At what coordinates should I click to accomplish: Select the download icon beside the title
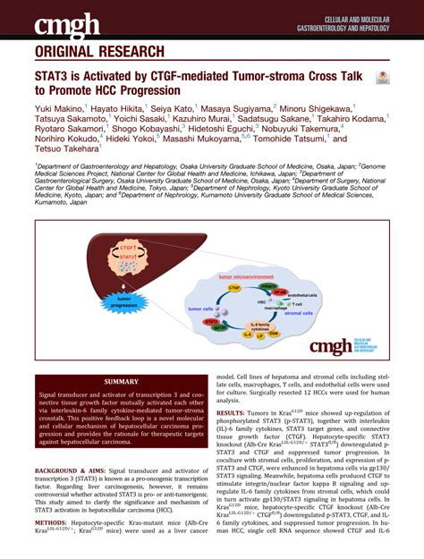383,79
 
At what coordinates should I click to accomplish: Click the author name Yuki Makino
59,106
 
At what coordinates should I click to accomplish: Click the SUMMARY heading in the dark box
122,381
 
